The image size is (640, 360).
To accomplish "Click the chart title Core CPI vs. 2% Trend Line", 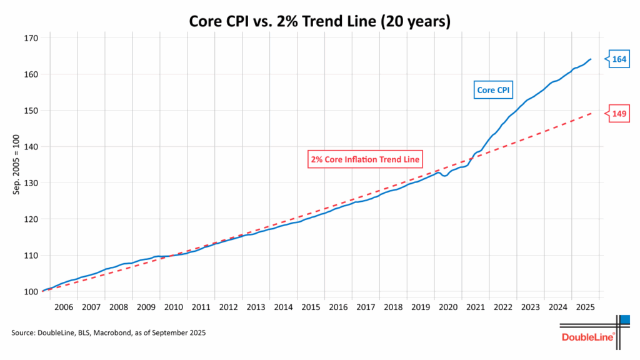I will click(319, 21).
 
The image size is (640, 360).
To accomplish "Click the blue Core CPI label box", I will click(493, 91).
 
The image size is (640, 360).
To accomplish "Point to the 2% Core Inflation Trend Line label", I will click(366, 159).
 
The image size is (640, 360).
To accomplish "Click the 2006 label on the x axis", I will click(63, 307).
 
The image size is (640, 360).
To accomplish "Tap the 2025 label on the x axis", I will click(585, 307).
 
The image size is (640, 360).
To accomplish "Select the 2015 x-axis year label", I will click(311, 307).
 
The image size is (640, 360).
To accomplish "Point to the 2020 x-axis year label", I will click(448, 307).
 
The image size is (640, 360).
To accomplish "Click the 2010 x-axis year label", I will click(173, 307).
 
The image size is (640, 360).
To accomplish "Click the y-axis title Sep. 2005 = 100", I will click(17, 165).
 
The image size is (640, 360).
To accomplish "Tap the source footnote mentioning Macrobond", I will click(108, 333).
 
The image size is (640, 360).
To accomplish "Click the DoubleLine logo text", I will click(588, 337).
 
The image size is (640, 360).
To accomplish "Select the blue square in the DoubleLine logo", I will click(624, 320).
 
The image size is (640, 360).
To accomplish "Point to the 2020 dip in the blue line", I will click(444, 176).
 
